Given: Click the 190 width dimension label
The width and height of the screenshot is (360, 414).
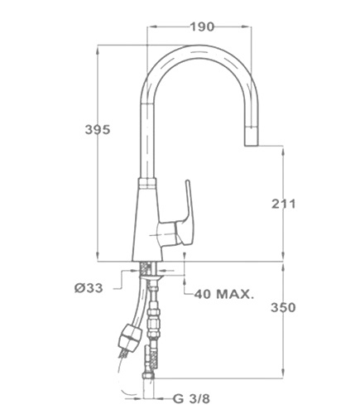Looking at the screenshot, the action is pyautogui.click(x=202, y=26).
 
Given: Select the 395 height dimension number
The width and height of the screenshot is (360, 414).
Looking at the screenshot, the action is pyautogui.click(x=98, y=129).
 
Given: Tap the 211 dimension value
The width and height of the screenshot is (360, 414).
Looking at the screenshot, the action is pyautogui.click(x=283, y=204).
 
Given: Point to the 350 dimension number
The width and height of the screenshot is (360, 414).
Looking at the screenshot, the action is pyautogui.click(x=283, y=307).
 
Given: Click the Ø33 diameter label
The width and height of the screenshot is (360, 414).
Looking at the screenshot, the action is pyautogui.click(x=89, y=288).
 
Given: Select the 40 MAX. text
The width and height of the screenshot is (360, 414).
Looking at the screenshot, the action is pyautogui.click(x=223, y=295).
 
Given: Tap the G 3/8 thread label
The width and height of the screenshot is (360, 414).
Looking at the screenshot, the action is pyautogui.click(x=192, y=398).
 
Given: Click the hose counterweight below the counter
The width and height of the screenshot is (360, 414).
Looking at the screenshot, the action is pyautogui.click(x=130, y=337).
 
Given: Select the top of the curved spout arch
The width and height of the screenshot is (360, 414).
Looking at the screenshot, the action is pyautogui.click(x=199, y=48).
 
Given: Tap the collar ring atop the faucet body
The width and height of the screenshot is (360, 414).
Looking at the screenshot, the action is pyautogui.click(x=147, y=183).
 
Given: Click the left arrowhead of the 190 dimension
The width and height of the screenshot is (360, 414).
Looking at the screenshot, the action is pyautogui.click(x=152, y=26).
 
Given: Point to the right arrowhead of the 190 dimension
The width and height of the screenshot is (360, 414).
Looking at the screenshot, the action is pyautogui.click(x=246, y=26).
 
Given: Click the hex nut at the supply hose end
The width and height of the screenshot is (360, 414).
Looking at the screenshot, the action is pyautogui.click(x=148, y=376).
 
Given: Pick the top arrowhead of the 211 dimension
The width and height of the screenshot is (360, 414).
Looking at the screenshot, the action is pyautogui.click(x=283, y=152).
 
